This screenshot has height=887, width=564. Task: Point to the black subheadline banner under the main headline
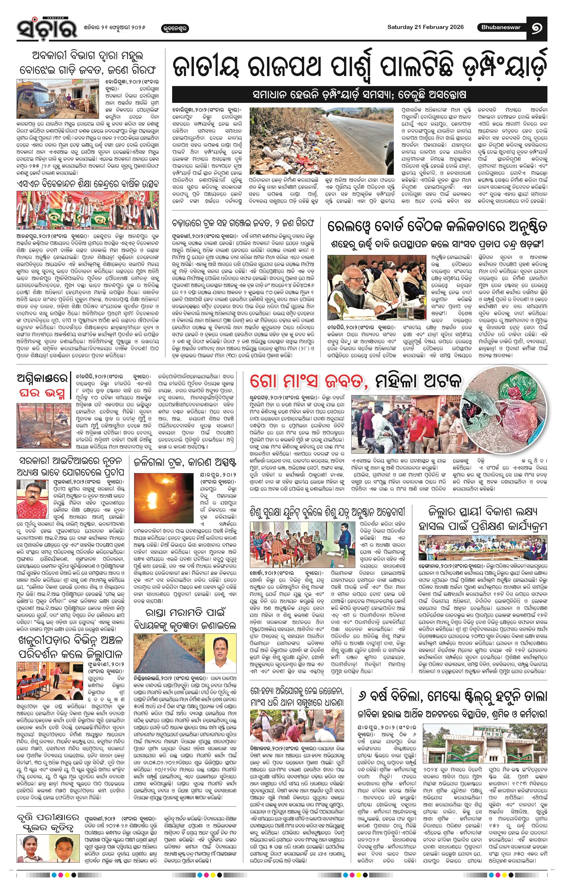(x=359, y=95)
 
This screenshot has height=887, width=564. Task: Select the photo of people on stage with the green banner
(x=88, y=210)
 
